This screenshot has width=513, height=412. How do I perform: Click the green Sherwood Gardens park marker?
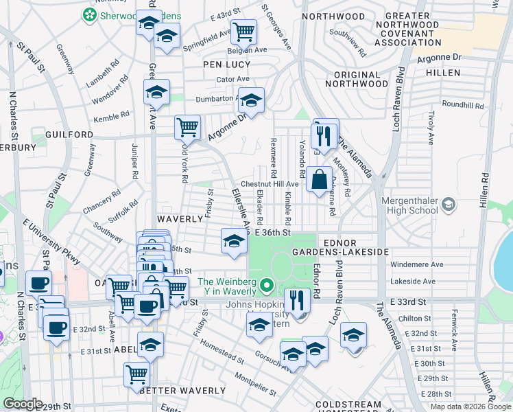point(89,14)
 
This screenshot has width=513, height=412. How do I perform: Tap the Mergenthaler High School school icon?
point(449,204)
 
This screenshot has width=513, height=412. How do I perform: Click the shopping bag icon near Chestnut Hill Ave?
point(320,180)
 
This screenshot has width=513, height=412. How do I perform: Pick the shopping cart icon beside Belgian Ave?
point(243,31)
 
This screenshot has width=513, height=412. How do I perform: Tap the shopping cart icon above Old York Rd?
point(187,127)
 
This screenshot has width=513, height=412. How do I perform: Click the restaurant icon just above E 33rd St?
point(297,299)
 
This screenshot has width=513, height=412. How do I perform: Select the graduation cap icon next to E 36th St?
point(234,241)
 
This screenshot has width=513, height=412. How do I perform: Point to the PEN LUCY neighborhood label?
point(226,65)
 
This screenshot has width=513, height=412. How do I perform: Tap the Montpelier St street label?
point(255,385)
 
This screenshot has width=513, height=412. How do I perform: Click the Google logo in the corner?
point(22,404)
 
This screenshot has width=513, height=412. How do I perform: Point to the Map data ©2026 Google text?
point(470,407)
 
